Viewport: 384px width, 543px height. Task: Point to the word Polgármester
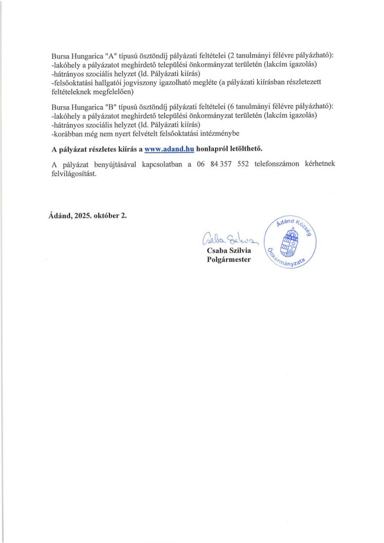pos(229,259)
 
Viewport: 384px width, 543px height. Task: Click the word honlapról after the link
pos(211,149)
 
